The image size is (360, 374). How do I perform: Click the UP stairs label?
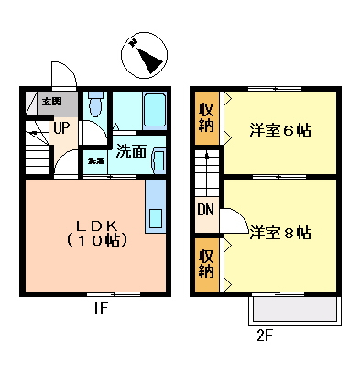pos(61,127)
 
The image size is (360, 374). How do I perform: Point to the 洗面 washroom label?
pos(131,151)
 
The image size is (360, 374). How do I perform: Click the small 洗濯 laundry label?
pos(95,161)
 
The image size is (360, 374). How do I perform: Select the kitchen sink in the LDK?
pos(155,219)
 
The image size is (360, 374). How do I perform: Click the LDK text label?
pos(94,224)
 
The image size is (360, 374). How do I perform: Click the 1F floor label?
pos(100,308)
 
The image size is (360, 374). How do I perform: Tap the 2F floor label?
pos(265,335)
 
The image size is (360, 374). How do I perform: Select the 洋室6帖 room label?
pos(280,130)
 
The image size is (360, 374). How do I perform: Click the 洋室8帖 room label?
pos(280,232)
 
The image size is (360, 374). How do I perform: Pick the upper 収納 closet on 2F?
pos(207,116)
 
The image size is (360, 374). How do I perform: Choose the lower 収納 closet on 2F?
pos(207,262)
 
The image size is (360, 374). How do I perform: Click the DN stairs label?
pos(206,212)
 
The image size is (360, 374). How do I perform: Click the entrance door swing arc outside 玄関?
pos(62,78)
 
